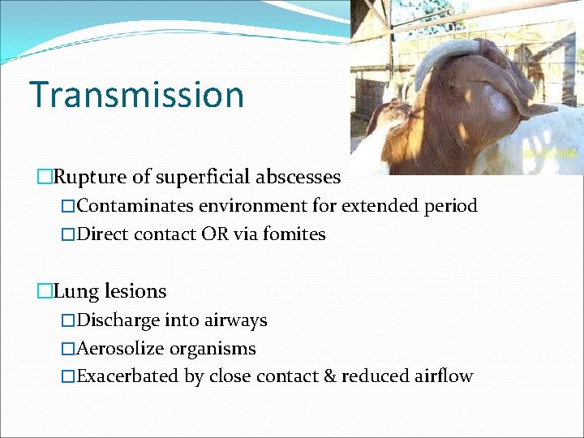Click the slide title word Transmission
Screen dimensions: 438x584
[136, 94]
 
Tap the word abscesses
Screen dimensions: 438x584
[301, 176]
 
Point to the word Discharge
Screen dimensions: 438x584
[118, 320]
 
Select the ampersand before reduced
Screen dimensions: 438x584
[328, 377]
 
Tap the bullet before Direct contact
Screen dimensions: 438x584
[68, 234]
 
